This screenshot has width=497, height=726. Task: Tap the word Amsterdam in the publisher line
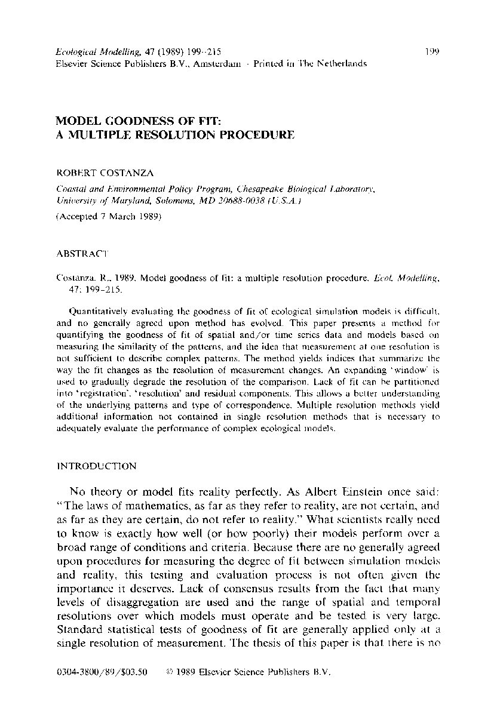coord(218,63)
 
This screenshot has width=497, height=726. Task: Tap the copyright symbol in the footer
coord(171,671)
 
